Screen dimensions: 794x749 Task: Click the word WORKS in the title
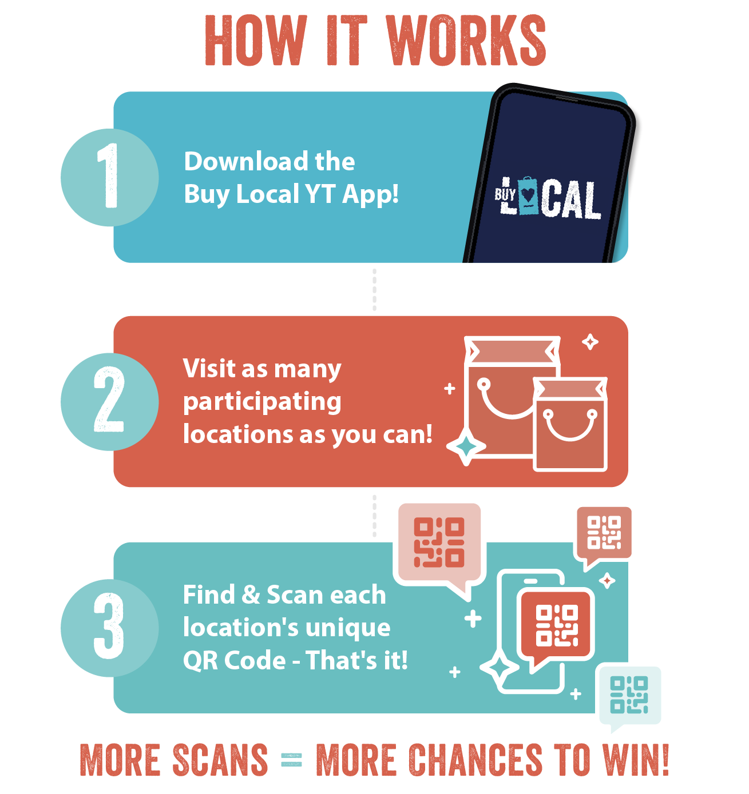(466, 41)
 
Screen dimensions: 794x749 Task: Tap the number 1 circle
(109, 177)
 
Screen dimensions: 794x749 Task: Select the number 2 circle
(109, 401)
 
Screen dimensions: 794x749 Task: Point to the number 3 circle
(109, 627)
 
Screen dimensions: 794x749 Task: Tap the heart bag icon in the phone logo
(528, 195)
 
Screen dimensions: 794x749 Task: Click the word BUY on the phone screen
(505, 194)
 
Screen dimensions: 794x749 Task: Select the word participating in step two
(262, 402)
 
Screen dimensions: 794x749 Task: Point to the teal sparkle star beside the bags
(467, 447)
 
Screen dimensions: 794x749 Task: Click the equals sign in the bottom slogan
(292, 760)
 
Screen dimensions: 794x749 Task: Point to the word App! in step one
(370, 194)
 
